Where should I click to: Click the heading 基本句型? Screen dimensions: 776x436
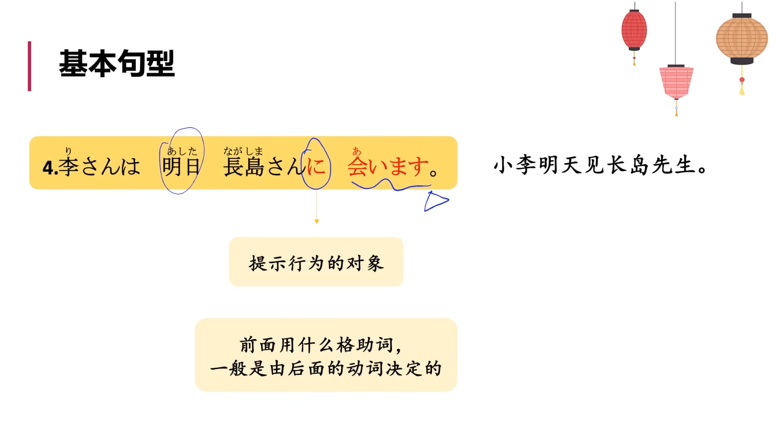(117, 63)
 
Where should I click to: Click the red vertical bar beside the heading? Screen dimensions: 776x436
(30, 66)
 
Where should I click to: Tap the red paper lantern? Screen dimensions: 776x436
(634, 30)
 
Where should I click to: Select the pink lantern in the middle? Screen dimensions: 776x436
(676, 82)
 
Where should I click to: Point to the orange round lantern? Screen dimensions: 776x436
(742, 39)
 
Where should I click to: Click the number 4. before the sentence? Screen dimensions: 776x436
(50, 168)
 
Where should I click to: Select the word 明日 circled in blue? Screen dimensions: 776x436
(181, 166)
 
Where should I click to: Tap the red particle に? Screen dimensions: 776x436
(316, 166)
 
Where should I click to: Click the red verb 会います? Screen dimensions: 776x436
(388, 166)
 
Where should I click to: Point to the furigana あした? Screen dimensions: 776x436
(182, 151)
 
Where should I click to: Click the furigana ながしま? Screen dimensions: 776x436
(243, 151)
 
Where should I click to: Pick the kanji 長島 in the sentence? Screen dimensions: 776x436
(244, 167)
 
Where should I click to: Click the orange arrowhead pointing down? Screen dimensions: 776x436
(316, 222)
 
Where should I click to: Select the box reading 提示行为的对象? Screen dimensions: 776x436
(316, 262)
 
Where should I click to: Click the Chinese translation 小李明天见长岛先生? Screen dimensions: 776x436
(600, 165)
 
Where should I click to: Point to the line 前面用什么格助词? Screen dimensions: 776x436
(320, 345)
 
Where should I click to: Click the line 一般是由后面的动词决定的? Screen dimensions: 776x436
(326, 369)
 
